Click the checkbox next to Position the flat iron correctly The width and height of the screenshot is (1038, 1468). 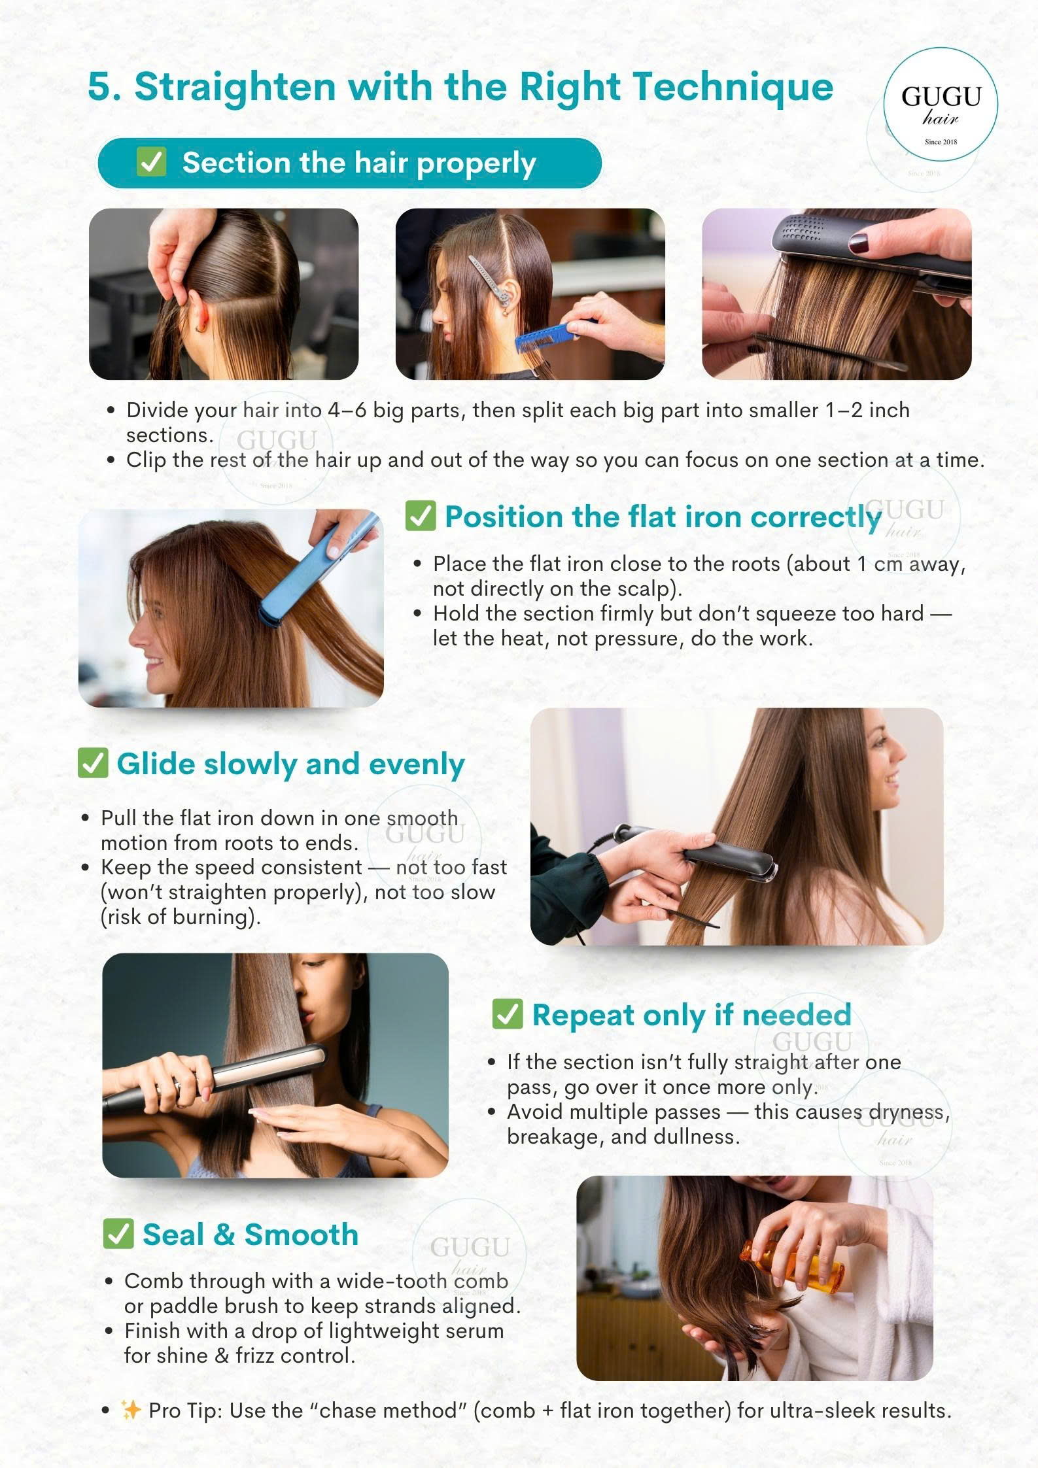(x=421, y=516)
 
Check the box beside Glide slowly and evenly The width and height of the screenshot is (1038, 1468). (x=92, y=762)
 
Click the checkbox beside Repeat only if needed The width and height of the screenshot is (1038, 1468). (x=508, y=1014)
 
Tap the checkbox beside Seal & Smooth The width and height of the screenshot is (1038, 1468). (x=118, y=1234)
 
